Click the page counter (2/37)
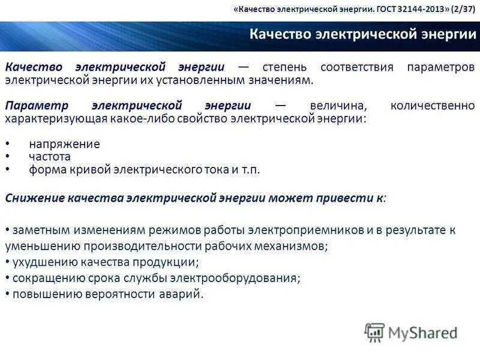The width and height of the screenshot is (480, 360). click(461, 10)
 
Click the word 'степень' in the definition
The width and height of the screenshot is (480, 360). click(284, 67)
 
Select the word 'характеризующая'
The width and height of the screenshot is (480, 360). click(55, 118)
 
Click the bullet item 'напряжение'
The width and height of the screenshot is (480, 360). click(64, 144)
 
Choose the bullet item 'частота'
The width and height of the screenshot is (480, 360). click(50, 157)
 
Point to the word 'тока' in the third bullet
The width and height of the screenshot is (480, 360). click(217, 170)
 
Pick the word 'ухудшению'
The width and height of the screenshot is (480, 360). click(38, 262)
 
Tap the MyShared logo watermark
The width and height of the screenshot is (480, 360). click(411, 332)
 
